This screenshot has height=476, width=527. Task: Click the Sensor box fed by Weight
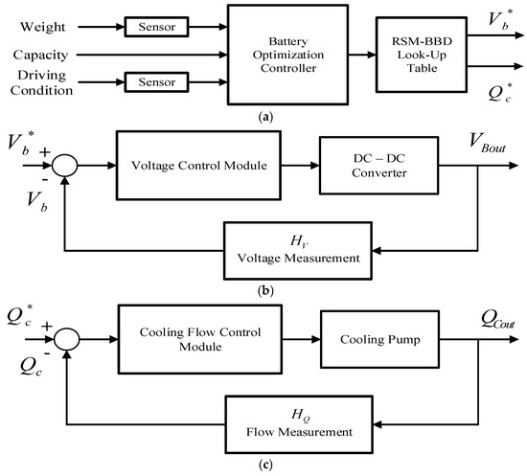(x=156, y=27)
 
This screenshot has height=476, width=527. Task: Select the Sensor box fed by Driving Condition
(x=156, y=81)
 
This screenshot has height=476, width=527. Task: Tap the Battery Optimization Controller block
(x=287, y=55)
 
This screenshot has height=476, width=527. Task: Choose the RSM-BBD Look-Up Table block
(x=422, y=55)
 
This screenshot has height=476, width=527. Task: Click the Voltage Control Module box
(x=198, y=166)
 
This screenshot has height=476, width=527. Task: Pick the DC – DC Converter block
(x=379, y=166)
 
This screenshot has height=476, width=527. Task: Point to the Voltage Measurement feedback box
(x=298, y=251)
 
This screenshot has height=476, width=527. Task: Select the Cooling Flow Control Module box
(x=200, y=339)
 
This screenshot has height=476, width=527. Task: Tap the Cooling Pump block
(x=380, y=339)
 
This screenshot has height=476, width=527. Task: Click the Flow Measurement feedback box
(x=299, y=424)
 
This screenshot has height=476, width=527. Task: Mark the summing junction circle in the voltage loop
(x=65, y=166)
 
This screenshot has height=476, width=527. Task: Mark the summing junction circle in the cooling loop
(x=67, y=339)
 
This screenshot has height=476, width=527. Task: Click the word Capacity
(x=40, y=55)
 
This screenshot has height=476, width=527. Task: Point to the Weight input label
(x=43, y=27)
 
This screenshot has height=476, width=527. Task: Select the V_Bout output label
(x=487, y=143)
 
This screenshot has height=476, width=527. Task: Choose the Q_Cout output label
(x=497, y=319)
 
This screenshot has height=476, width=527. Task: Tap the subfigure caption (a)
(x=265, y=117)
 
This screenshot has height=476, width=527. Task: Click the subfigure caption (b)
(x=265, y=290)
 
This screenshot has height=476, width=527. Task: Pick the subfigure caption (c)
(x=265, y=465)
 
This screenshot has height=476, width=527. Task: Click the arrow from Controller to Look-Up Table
(x=362, y=55)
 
